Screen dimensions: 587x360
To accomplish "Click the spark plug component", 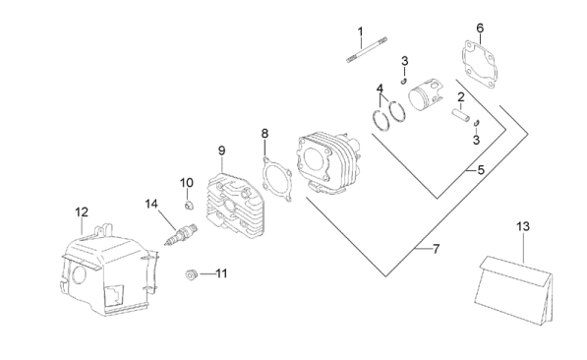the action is click(x=181, y=234).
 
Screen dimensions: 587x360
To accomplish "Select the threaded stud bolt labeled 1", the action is click(x=367, y=49).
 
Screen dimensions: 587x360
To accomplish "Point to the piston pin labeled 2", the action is click(x=460, y=115).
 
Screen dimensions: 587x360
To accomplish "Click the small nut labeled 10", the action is click(x=190, y=206).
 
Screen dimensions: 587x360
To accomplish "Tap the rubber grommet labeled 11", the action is click(x=192, y=275).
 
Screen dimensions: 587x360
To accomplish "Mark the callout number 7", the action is click(x=436, y=249).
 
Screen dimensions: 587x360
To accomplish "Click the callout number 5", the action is click(x=481, y=170).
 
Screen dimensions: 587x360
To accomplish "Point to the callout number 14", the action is click(x=151, y=205).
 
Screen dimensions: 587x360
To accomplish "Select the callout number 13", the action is click(x=523, y=226).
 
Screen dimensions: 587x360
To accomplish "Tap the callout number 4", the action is click(x=380, y=89).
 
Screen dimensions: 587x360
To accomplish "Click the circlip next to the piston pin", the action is click(x=477, y=123).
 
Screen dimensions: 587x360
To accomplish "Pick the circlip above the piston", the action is click(x=403, y=81).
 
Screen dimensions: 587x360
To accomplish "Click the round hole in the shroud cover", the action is click(x=79, y=275).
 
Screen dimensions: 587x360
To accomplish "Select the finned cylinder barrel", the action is click(x=329, y=163).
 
